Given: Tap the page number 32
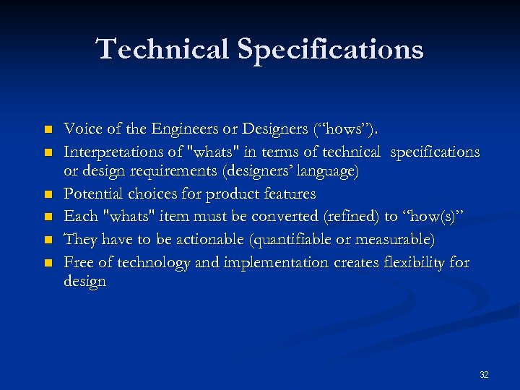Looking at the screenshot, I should pyautogui.click(x=484, y=374).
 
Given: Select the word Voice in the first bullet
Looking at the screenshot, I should pyautogui.click(x=81, y=130).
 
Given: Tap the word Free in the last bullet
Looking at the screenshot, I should pyautogui.click(x=78, y=261).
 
